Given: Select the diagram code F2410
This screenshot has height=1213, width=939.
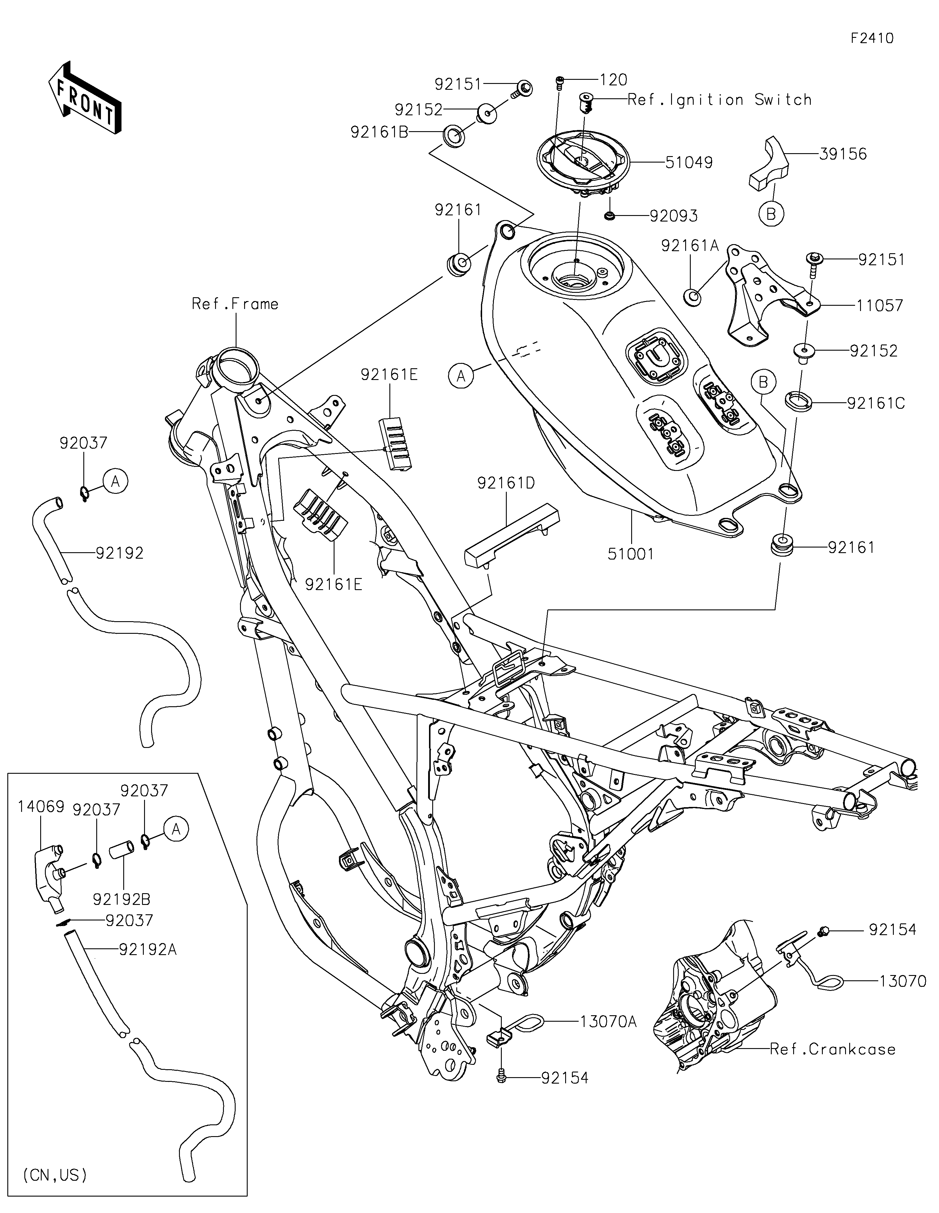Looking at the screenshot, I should coord(872,38).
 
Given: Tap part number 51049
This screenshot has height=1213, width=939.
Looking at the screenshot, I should coord(689,163).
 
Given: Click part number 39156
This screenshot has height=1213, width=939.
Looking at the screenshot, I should coord(842,154).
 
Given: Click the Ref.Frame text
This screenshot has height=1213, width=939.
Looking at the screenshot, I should coord(235,304).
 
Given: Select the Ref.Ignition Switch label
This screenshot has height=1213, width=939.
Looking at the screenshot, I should coord(719,100).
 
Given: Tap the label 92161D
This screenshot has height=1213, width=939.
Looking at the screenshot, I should coord(506,483).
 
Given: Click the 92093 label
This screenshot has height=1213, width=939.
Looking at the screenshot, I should coord(673,216).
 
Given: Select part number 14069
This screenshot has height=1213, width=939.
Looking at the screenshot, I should coord(41,806).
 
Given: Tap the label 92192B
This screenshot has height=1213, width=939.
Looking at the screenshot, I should coord(121,899).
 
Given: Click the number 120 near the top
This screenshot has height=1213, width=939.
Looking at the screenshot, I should coord(614,80).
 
